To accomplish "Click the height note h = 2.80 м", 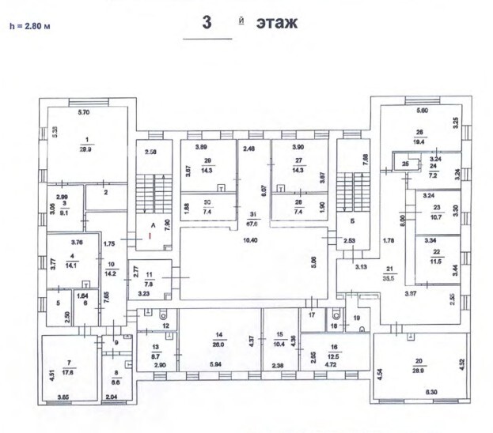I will coord(29,25).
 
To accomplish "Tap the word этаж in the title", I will coord(276,22).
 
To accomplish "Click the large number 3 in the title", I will coord(207,22).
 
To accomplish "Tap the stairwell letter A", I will coord(153,224).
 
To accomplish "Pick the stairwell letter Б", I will coord(349,220).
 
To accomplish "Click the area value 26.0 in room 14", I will coord(218,345).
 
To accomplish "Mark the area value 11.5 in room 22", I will coord(435,261).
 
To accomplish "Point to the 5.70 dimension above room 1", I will coord(85,113).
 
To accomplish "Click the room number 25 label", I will coord(404,164).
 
